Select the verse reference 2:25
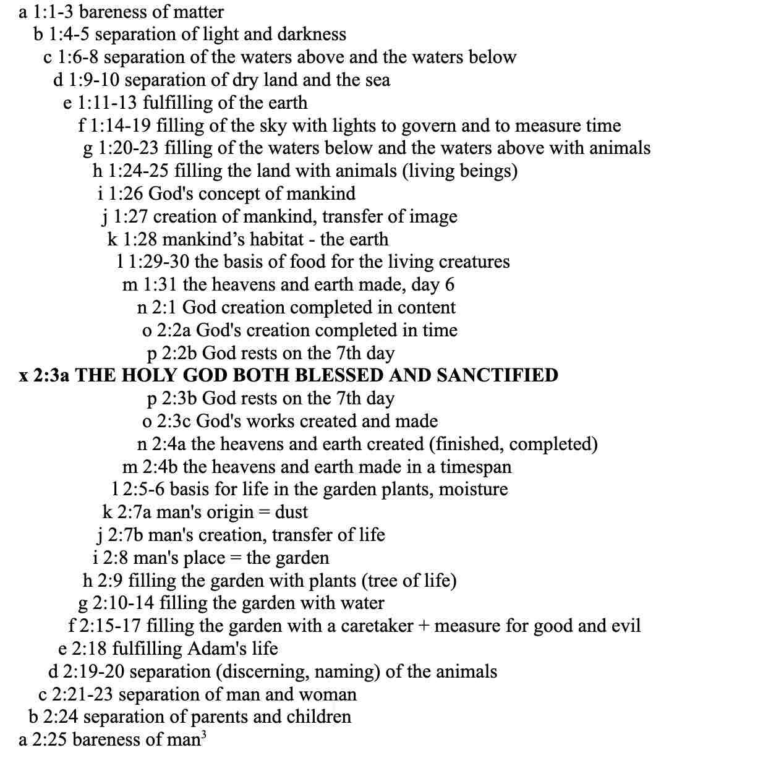pos(50,739)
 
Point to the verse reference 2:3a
pos(51,375)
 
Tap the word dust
pos(291,512)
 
